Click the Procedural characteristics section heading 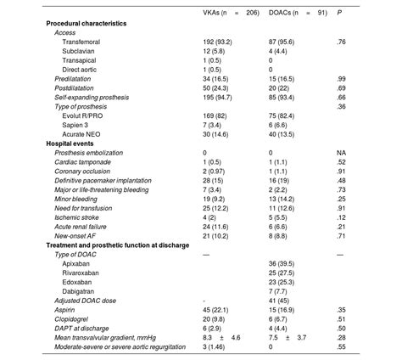pos(86,24)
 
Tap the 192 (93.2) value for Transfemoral pos(219,42)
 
